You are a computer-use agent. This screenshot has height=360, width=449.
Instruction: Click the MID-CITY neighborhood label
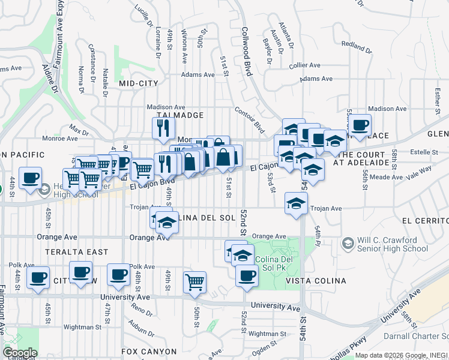pos(139,83)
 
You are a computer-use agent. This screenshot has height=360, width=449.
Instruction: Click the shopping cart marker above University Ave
pos(194,281)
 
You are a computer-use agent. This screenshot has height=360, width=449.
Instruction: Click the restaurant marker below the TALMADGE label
pos(163,127)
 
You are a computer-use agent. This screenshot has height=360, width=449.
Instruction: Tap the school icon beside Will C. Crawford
pos(347,244)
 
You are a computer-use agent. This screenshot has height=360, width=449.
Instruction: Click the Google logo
pos(20,353)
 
